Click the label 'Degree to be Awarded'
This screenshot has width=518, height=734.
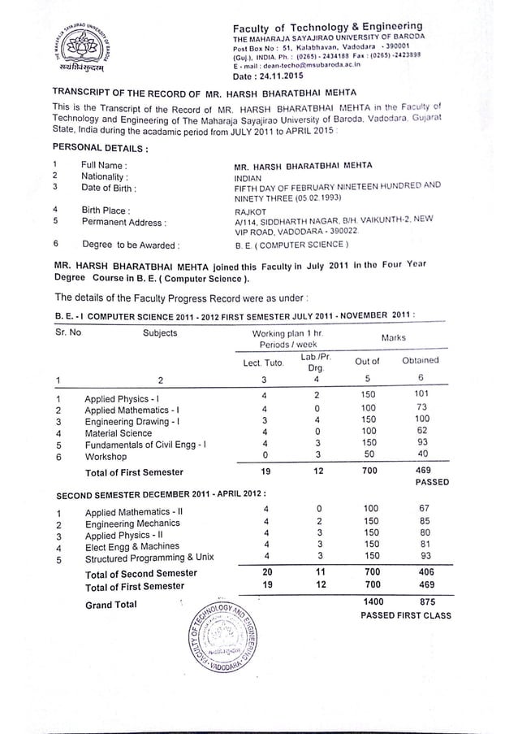click(x=130, y=243)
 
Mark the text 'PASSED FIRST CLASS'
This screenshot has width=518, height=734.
click(x=405, y=615)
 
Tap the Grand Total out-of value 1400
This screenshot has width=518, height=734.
click(x=369, y=602)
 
